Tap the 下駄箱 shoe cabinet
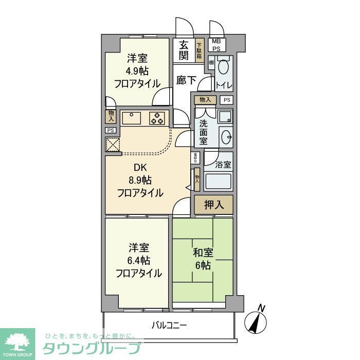click(199, 50)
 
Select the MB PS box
click(217, 45)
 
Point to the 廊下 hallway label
click(185, 81)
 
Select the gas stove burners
click(157, 118)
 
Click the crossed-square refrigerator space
click(113, 145)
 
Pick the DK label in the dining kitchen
click(140, 167)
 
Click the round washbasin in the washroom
click(224, 137)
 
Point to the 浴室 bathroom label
click(223, 166)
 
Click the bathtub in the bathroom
click(219, 182)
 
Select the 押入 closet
click(214, 204)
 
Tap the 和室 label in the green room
click(203, 253)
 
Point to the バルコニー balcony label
click(169, 326)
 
